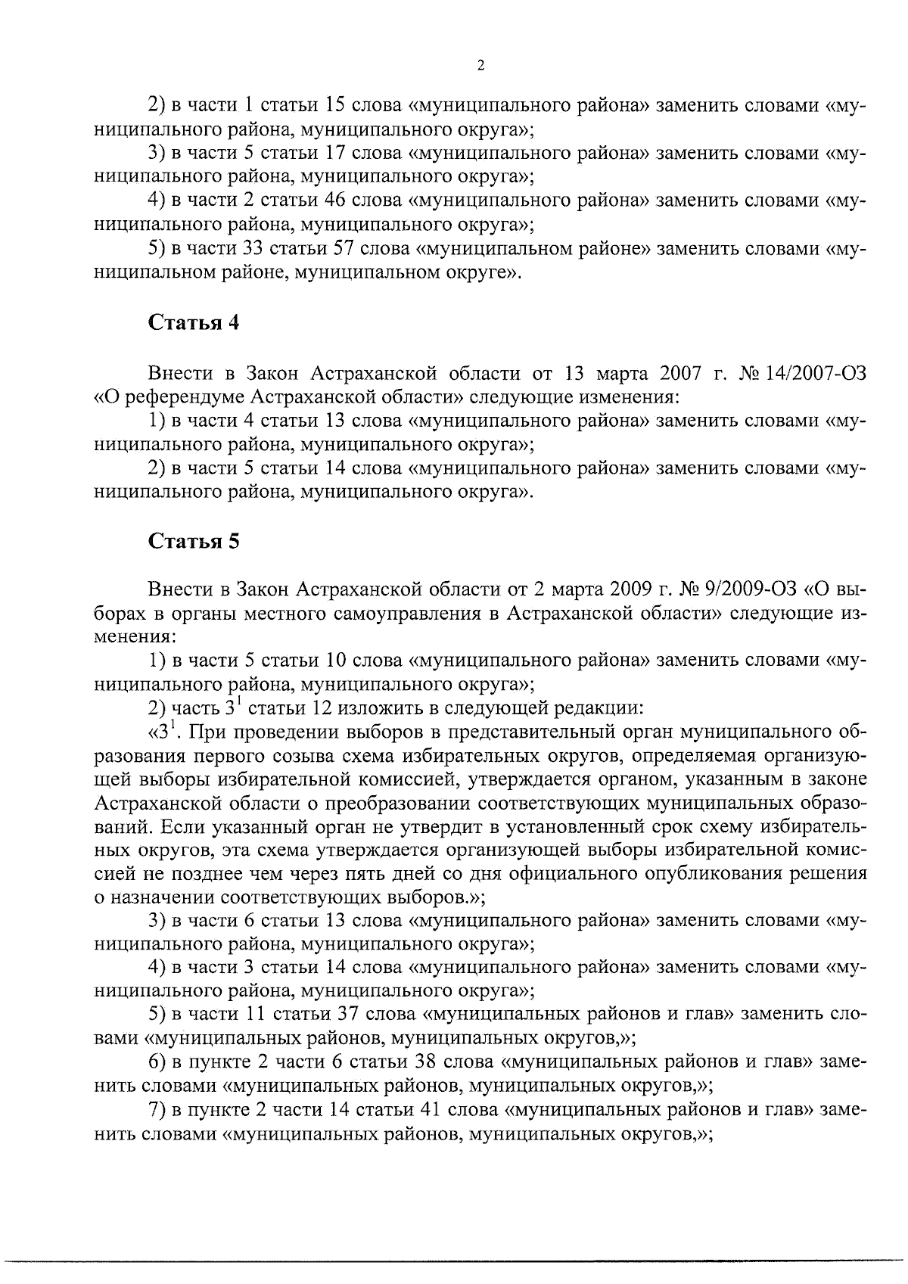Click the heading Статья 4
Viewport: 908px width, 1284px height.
(x=194, y=322)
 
